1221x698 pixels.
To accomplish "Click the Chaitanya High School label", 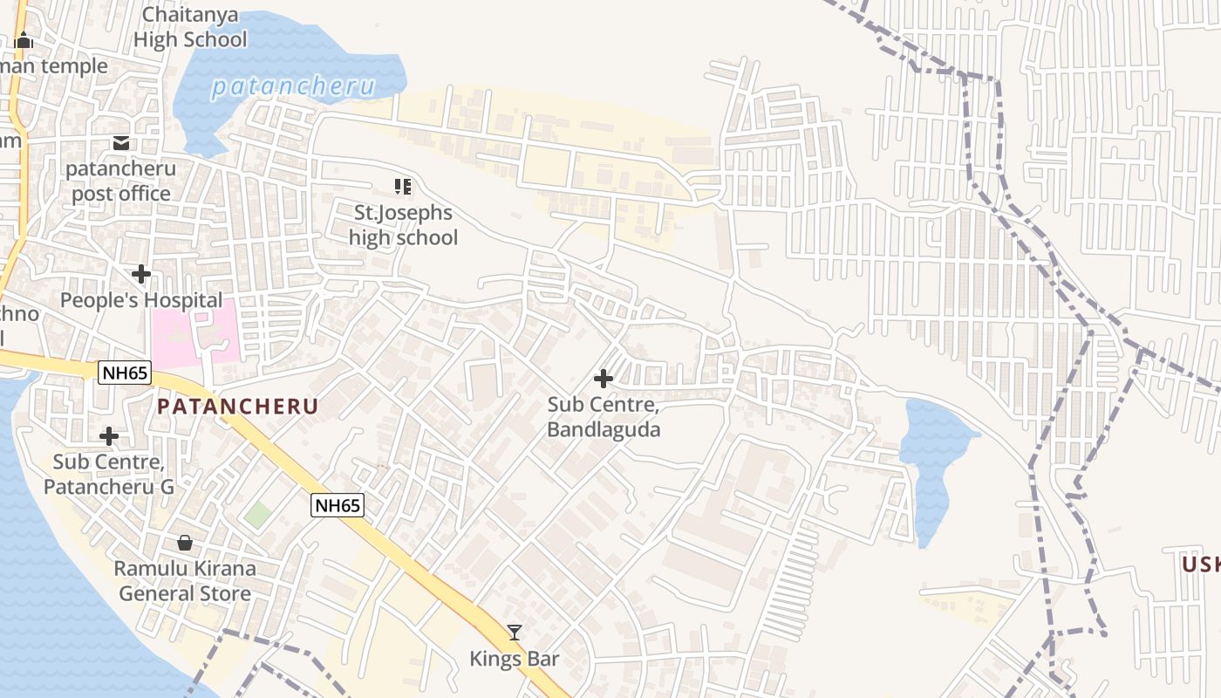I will pyautogui.click(x=189, y=27).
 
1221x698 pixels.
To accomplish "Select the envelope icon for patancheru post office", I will pyautogui.click(x=121, y=143).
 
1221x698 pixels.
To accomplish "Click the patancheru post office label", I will pyautogui.click(x=121, y=181).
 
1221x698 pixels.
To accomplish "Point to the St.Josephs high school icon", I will pyautogui.click(x=402, y=186).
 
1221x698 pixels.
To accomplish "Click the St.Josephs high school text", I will pyautogui.click(x=403, y=225).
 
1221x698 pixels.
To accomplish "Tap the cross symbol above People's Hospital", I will pyautogui.click(x=140, y=275).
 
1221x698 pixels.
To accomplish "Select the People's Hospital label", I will pyautogui.click(x=141, y=300).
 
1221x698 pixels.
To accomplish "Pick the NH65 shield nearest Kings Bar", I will pyautogui.click(x=338, y=505).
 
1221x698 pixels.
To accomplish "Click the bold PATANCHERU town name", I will pyautogui.click(x=237, y=407).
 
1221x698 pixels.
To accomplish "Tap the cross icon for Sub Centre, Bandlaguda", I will pyautogui.click(x=603, y=379).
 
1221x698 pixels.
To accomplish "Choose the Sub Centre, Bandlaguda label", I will pyautogui.click(x=604, y=417).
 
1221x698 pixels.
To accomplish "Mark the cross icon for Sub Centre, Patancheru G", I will pyautogui.click(x=109, y=435).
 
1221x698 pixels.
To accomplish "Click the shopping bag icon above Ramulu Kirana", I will pyautogui.click(x=185, y=543).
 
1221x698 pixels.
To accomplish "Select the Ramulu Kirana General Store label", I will pyautogui.click(x=185, y=581).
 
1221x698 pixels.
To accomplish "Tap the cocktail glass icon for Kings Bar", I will pyautogui.click(x=515, y=633).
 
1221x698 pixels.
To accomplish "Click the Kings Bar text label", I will pyautogui.click(x=515, y=659).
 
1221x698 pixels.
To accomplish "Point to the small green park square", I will pyautogui.click(x=257, y=514).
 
